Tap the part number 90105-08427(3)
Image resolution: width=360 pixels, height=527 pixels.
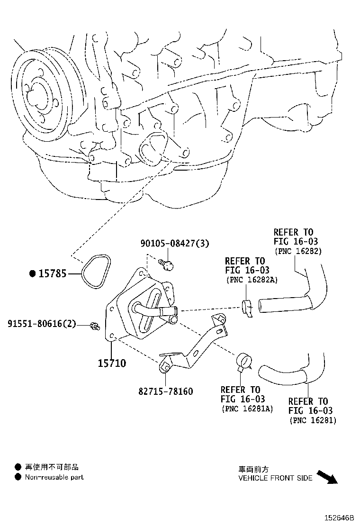coord(174,243)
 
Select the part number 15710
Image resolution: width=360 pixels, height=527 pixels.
coord(112,363)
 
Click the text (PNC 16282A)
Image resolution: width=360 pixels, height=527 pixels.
coord(251,280)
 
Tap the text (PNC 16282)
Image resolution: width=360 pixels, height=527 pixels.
coord(297,251)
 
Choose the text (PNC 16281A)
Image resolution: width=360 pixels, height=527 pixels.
coord(246,409)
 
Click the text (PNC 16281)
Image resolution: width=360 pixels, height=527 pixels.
coord(312,420)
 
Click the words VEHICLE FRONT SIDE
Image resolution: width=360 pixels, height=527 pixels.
coord(275,478)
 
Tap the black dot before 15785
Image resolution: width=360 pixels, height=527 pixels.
coord(32,273)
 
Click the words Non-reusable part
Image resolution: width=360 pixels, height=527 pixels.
coord(54,477)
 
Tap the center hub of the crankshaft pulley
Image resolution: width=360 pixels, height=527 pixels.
coord(37,95)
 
